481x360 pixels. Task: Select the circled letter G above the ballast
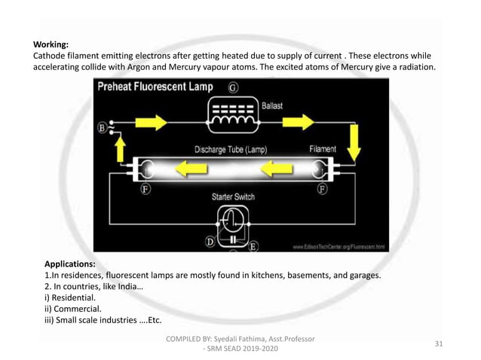click(234, 87)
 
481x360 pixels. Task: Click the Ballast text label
click(272, 106)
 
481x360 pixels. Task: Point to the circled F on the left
click(145, 189)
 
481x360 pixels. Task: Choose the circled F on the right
click(322, 189)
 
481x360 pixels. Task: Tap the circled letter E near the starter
click(253, 245)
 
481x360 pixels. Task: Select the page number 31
click(439, 343)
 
